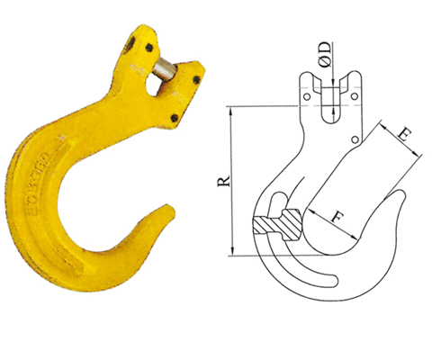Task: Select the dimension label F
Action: click(x=337, y=216)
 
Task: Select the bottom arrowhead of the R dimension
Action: click(x=235, y=254)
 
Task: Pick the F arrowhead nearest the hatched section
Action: click(x=309, y=208)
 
